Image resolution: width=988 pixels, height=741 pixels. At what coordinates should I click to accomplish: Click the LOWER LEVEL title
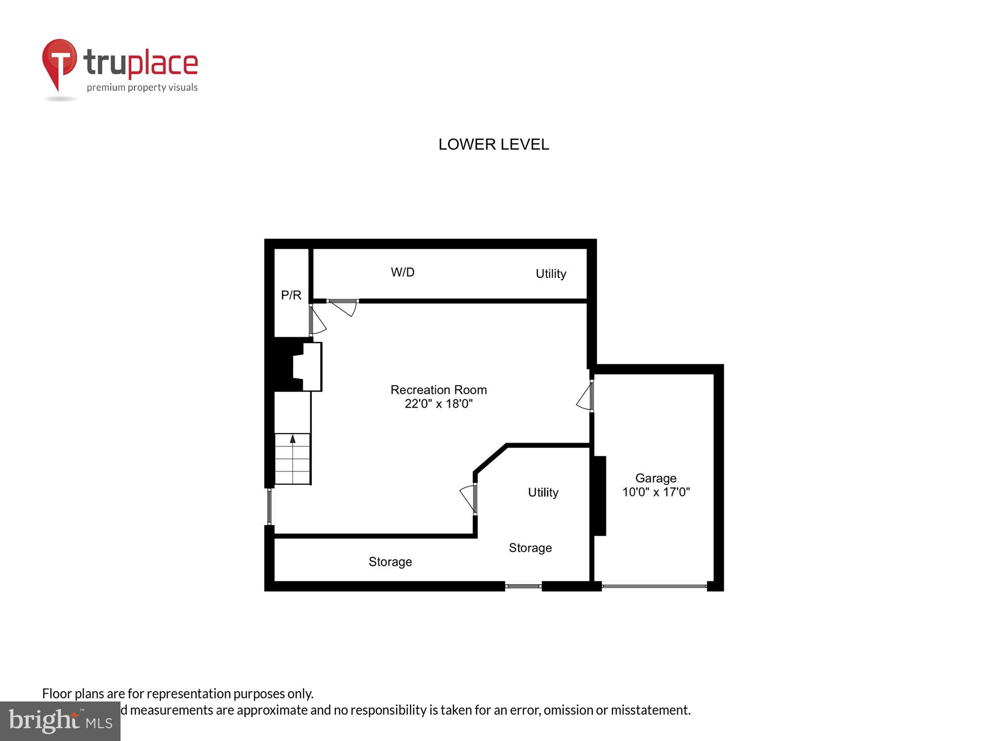tap(494, 144)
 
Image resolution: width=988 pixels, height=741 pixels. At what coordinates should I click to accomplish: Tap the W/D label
tap(403, 272)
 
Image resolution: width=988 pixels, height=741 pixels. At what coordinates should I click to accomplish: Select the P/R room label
tap(291, 295)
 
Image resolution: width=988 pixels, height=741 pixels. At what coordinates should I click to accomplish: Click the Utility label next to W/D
tap(551, 274)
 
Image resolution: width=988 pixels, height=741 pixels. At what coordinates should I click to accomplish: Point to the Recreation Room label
tap(439, 390)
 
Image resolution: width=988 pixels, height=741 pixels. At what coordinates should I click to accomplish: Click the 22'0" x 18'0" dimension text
tap(439, 404)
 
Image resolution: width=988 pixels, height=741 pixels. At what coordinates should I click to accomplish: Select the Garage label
tap(656, 478)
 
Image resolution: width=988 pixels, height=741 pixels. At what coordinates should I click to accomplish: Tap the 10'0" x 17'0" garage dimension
tap(656, 492)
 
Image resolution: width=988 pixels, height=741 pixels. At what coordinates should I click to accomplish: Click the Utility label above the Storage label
tap(543, 492)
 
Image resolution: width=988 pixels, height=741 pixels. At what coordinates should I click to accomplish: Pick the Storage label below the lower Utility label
tap(530, 548)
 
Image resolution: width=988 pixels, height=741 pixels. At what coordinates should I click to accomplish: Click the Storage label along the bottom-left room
tap(390, 562)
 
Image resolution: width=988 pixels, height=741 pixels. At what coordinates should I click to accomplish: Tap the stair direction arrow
tap(292, 439)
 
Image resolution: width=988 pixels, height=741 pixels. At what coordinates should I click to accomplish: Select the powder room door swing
tap(317, 322)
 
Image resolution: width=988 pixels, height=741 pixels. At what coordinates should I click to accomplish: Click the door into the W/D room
tap(343, 306)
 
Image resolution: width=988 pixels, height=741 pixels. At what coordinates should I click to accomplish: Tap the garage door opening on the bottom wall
tap(654, 586)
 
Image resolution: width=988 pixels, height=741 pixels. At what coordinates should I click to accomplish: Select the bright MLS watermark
tap(60, 721)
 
